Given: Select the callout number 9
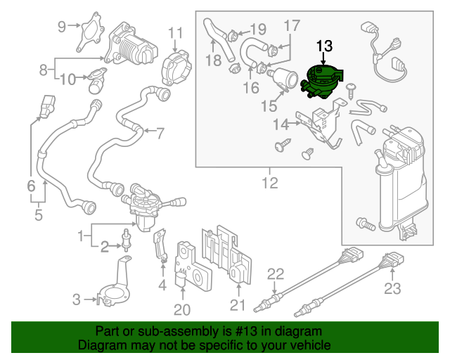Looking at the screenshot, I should pos(62,27).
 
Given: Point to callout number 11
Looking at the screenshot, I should pos(175,33).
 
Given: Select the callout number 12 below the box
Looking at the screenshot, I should pos(271,184).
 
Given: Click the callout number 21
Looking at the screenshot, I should pos(237,305).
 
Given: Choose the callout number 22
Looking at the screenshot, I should pos(276,274).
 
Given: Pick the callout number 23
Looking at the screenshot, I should pos(392,288).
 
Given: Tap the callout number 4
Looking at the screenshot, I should pos(162,285).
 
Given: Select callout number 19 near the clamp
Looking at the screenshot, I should pos(258,30).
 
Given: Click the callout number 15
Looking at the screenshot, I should pos(269,106).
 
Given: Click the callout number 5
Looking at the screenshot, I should pos(38,214).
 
